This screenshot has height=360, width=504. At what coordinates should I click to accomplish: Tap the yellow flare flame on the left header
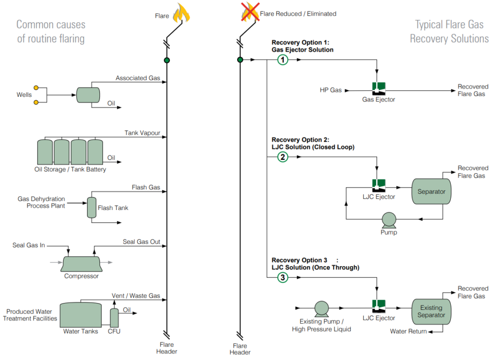(x=182, y=13)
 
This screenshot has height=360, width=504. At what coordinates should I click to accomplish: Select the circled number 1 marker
(x=283, y=60)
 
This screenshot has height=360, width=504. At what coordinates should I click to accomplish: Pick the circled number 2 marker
(x=283, y=157)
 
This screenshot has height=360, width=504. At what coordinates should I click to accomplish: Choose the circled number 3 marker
(x=283, y=278)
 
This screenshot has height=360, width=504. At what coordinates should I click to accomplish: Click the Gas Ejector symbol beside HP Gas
(x=378, y=89)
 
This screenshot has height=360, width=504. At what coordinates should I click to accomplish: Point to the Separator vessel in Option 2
(x=431, y=192)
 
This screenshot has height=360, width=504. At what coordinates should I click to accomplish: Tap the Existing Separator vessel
(x=431, y=311)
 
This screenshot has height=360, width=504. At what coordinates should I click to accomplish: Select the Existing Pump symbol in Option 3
(x=321, y=308)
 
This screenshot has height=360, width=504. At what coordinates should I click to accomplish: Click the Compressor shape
(x=81, y=264)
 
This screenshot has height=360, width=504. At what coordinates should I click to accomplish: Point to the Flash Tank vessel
(x=91, y=208)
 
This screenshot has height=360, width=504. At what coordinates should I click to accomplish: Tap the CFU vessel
(x=114, y=318)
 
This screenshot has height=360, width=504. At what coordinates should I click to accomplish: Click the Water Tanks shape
(x=80, y=315)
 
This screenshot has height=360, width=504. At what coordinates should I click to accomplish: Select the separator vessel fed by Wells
(x=88, y=95)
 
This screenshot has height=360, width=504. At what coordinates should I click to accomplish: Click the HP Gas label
(x=331, y=90)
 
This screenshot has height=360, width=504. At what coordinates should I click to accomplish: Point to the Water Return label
(x=408, y=331)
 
